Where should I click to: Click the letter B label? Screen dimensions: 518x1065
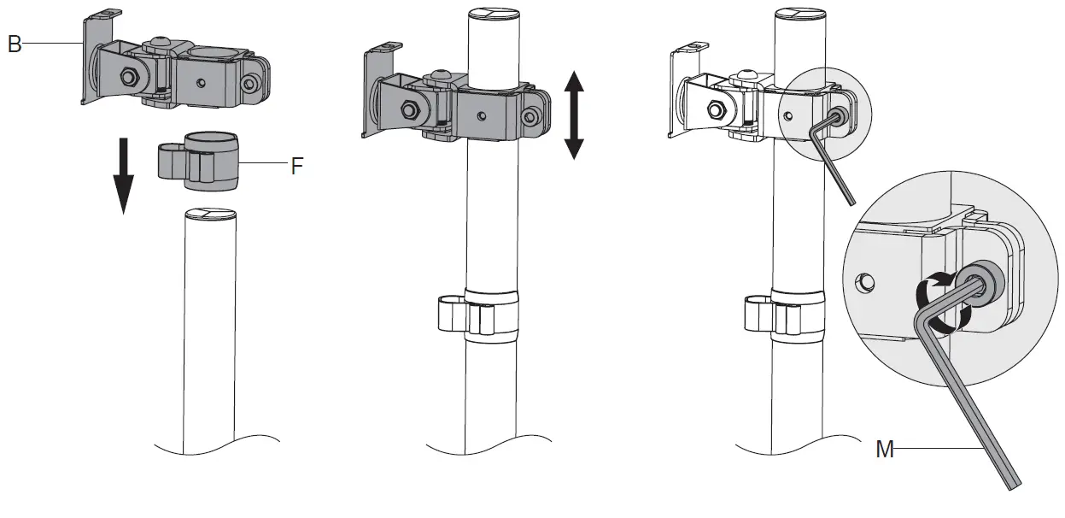click(14, 44)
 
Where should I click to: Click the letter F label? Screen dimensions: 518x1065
click(296, 165)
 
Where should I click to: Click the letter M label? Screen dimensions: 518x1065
click(885, 448)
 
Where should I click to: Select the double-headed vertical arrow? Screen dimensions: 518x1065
click(573, 115)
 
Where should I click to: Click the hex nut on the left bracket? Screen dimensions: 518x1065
click(127, 78)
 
